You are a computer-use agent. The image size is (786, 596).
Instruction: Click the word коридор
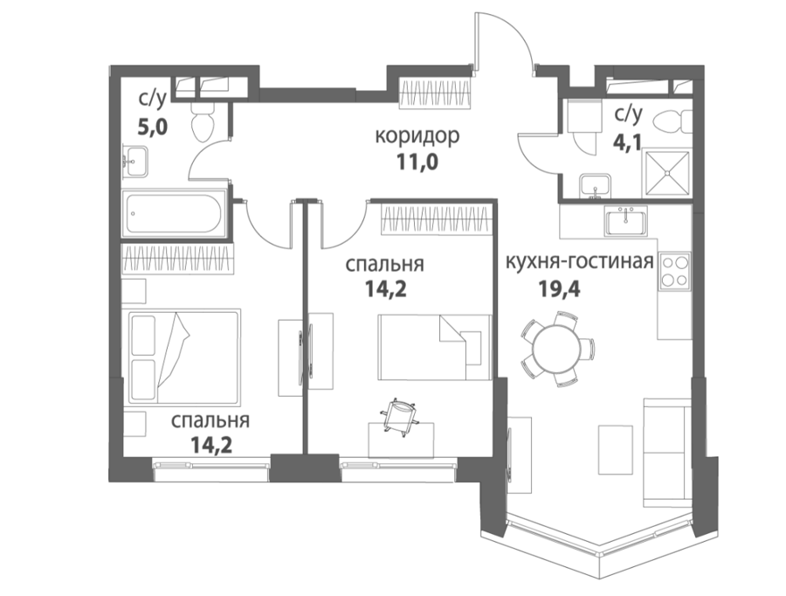[417, 136]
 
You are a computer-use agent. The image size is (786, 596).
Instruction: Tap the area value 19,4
[560, 288]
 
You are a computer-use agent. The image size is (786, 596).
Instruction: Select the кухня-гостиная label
[580, 262]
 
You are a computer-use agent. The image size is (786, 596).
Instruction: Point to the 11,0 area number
[417, 163]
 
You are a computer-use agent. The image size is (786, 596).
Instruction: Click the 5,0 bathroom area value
[153, 127]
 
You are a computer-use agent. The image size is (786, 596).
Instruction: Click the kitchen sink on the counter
[625, 220]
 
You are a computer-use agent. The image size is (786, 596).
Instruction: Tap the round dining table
[557, 348]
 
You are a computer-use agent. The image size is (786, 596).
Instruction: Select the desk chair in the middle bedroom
[399, 415]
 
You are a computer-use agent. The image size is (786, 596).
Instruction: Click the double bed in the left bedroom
[184, 357]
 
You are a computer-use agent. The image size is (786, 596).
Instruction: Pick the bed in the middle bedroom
[434, 347]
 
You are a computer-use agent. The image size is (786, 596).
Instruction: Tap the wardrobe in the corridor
[436, 94]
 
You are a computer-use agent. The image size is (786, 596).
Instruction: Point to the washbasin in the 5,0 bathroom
[136, 161]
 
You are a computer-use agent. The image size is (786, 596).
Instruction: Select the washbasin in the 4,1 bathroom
[595, 186]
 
